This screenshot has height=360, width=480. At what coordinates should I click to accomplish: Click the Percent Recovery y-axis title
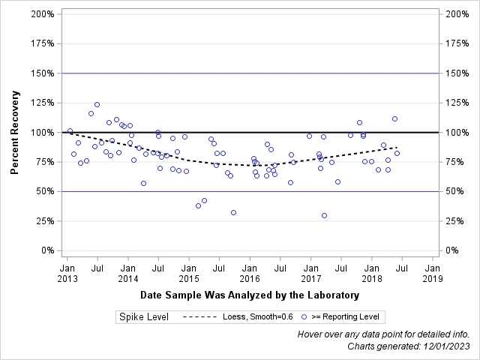[14, 132]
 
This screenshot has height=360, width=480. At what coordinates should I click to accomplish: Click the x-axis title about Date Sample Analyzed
[250, 295]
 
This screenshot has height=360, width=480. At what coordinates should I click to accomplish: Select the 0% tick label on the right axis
[454, 250]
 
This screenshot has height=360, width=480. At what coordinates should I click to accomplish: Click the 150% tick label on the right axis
[457, 73]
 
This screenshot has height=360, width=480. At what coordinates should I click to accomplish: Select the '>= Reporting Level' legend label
[346, 317]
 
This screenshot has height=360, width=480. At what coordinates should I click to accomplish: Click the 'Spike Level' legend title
[143, 317]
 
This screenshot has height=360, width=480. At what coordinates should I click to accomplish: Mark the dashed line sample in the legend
[200, 317]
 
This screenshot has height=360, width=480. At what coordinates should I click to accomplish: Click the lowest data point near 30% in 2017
[324, 215]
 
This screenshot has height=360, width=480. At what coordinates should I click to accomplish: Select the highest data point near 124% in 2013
[97, 104]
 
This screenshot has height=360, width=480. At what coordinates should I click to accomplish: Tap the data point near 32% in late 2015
[233, 212]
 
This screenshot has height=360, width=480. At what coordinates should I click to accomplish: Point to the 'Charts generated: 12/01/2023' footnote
[409, 346]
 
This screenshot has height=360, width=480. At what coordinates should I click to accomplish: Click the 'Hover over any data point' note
[383, 334]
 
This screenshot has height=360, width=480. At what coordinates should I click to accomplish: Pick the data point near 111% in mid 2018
[394, 118]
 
